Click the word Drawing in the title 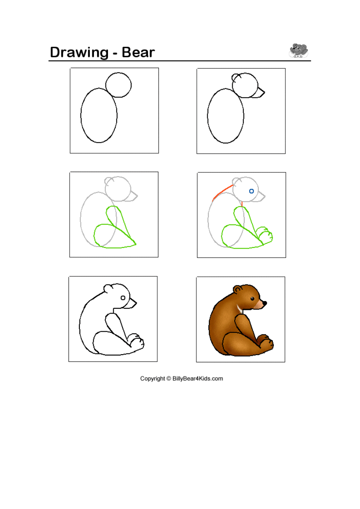click(79, 53)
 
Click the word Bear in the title click(138, 52)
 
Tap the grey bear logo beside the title click(298, 50)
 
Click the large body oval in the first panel click(81, 116)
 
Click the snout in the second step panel click(264, 92)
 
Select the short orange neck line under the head click(242, 204)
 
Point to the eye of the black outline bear click(123, 298)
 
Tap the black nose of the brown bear click(264, 303)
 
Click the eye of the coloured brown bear click(252, 299)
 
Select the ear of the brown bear click(237, 289)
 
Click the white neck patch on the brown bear click(239, 309)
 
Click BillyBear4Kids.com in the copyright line click(198, 378)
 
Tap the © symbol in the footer click(169, 378)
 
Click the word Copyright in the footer click(152, 379)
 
